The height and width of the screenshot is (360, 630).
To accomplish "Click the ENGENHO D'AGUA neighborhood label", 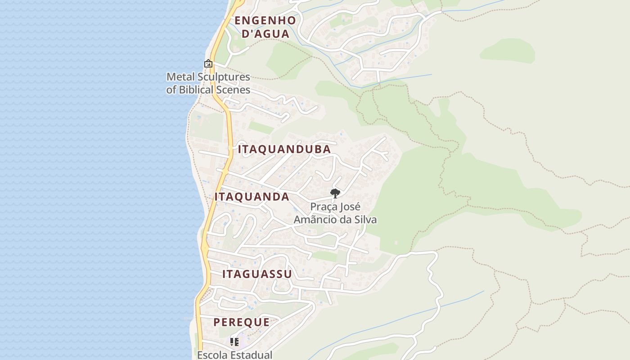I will (x=265, y=27).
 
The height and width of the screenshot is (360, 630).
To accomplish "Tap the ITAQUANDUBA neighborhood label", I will (x=284, y=149).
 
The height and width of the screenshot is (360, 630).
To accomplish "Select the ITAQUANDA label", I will (x=252, y=197).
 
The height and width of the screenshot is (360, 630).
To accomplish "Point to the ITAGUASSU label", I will (x=257, y=274).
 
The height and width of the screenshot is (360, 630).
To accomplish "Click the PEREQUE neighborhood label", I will (x=242, y=322).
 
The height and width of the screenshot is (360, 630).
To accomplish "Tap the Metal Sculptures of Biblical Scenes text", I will (x=208, y=83).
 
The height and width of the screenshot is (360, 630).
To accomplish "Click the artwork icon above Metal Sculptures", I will (x=208, y=64).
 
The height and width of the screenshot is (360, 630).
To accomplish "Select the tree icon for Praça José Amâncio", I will (x=335, y=193).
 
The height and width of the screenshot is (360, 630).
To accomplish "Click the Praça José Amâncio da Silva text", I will (x=335, y=213).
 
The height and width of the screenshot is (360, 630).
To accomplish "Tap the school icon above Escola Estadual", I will (x=234, y=342).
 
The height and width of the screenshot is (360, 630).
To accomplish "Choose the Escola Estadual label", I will (x=234, y=355).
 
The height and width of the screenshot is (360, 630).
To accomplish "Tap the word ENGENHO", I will (x=265, y=20).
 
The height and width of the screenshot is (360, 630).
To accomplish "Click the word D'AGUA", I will (x=265, y=33).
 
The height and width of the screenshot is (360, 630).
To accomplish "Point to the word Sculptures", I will (x=222, y=76).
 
